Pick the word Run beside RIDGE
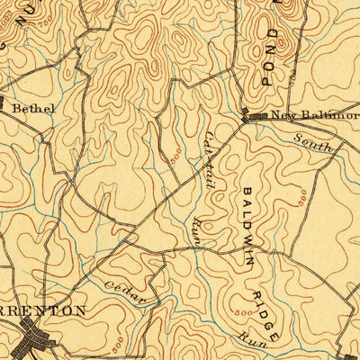click(249, 337)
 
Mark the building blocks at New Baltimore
click(253, 116)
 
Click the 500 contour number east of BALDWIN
click(302, 193)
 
